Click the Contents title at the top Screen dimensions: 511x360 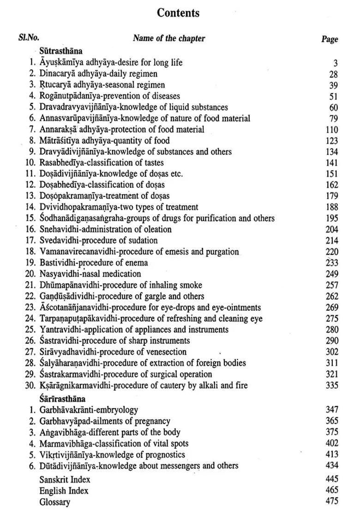pyautogui.click(x=178, y=13)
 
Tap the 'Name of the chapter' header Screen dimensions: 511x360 pyautogui.click(x=169, y=38)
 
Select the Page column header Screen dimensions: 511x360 pyautogui.click(x=330, y=39)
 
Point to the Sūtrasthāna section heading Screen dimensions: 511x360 pyautogui.click(x=60, y=51)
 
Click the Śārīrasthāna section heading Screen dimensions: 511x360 pyautogui.click(x=62, y=399)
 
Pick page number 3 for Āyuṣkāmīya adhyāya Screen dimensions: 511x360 pyautogui.click(x=336, y=63)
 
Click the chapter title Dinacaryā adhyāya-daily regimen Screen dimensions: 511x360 pyautogui.click(x=98, y=74)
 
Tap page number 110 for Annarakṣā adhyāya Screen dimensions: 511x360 pyautogui.click(x=332, y=130)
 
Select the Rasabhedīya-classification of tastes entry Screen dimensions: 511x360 pyautogui.click(x=102, y=163)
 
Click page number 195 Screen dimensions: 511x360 pyautogui.click(x=332, y=219)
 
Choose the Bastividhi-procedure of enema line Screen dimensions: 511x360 pyautogui.click(x=94, y=263)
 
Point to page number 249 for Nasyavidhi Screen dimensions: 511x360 pyautogui.click(x=332, y=274)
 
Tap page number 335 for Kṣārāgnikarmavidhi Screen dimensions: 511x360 pyautogui.click(x=332, y=386)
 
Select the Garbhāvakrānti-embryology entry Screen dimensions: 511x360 pyautogui.click(x=89, y=410)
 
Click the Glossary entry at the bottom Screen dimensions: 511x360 pyautogui.click(x=54, y=502)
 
